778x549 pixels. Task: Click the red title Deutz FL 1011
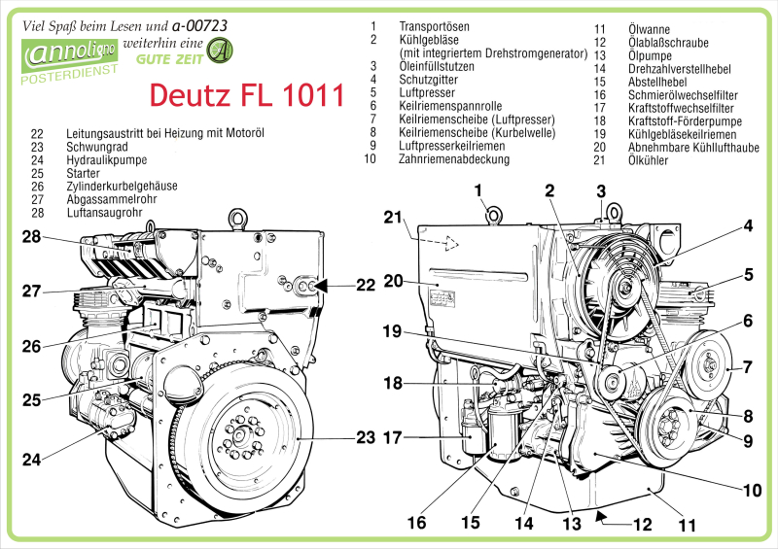coord(246,96)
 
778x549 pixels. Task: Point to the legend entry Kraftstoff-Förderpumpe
coord(686,120)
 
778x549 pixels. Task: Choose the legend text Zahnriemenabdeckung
coord(454,158)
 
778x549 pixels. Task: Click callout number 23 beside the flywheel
coord(364,437)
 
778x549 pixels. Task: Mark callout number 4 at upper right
coord(749,226)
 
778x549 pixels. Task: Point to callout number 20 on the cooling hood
coord(393,281)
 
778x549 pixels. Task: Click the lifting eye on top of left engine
coord(235,218)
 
